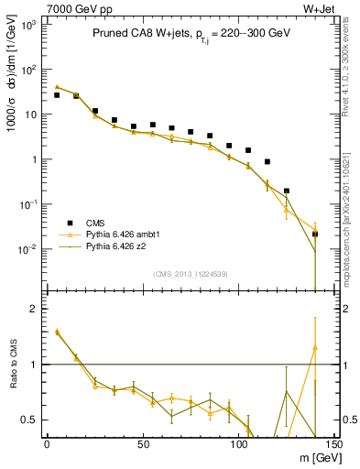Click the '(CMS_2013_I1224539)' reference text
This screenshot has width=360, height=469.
click(x=190, y=274)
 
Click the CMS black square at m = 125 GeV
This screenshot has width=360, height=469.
click(x=287, y=191)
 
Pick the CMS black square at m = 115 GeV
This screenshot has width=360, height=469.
click(x=267, y=162)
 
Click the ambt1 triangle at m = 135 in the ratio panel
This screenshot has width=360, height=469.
click(x=314, y=347)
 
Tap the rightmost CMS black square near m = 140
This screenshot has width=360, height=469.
click(x=315, y=234)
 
